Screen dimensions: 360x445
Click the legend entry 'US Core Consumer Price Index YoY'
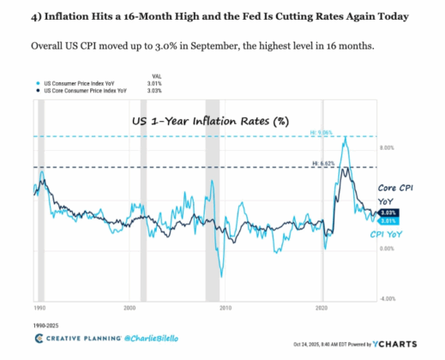click(x=82, y=88)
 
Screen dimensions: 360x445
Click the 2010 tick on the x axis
click(x=226, y=307)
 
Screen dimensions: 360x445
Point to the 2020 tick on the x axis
click(x=322, y=307)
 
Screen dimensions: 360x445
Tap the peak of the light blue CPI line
click(x=344, y=137)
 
